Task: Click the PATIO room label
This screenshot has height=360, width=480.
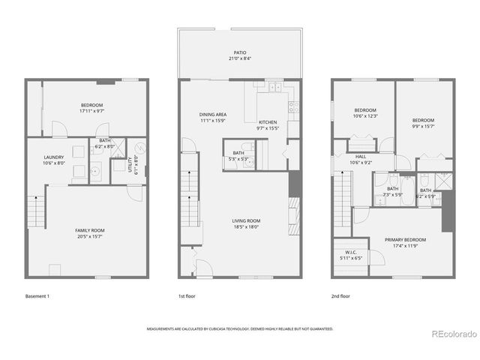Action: (x=239, y=52)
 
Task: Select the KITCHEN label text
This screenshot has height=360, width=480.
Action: (x=268, y=122)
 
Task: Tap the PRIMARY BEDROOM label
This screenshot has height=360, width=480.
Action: (x=405, y=240)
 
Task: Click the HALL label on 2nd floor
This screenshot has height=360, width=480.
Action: (x=361, y=157)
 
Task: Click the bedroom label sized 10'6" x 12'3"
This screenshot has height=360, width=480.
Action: (x=364, y=109)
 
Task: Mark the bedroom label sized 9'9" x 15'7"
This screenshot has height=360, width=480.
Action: (x=423, y=120)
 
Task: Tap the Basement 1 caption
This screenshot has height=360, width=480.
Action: (x=37, y=296)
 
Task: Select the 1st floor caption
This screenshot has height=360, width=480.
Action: (x=187, y=296)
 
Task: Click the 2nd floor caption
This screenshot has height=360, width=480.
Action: (x=340, y=296)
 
